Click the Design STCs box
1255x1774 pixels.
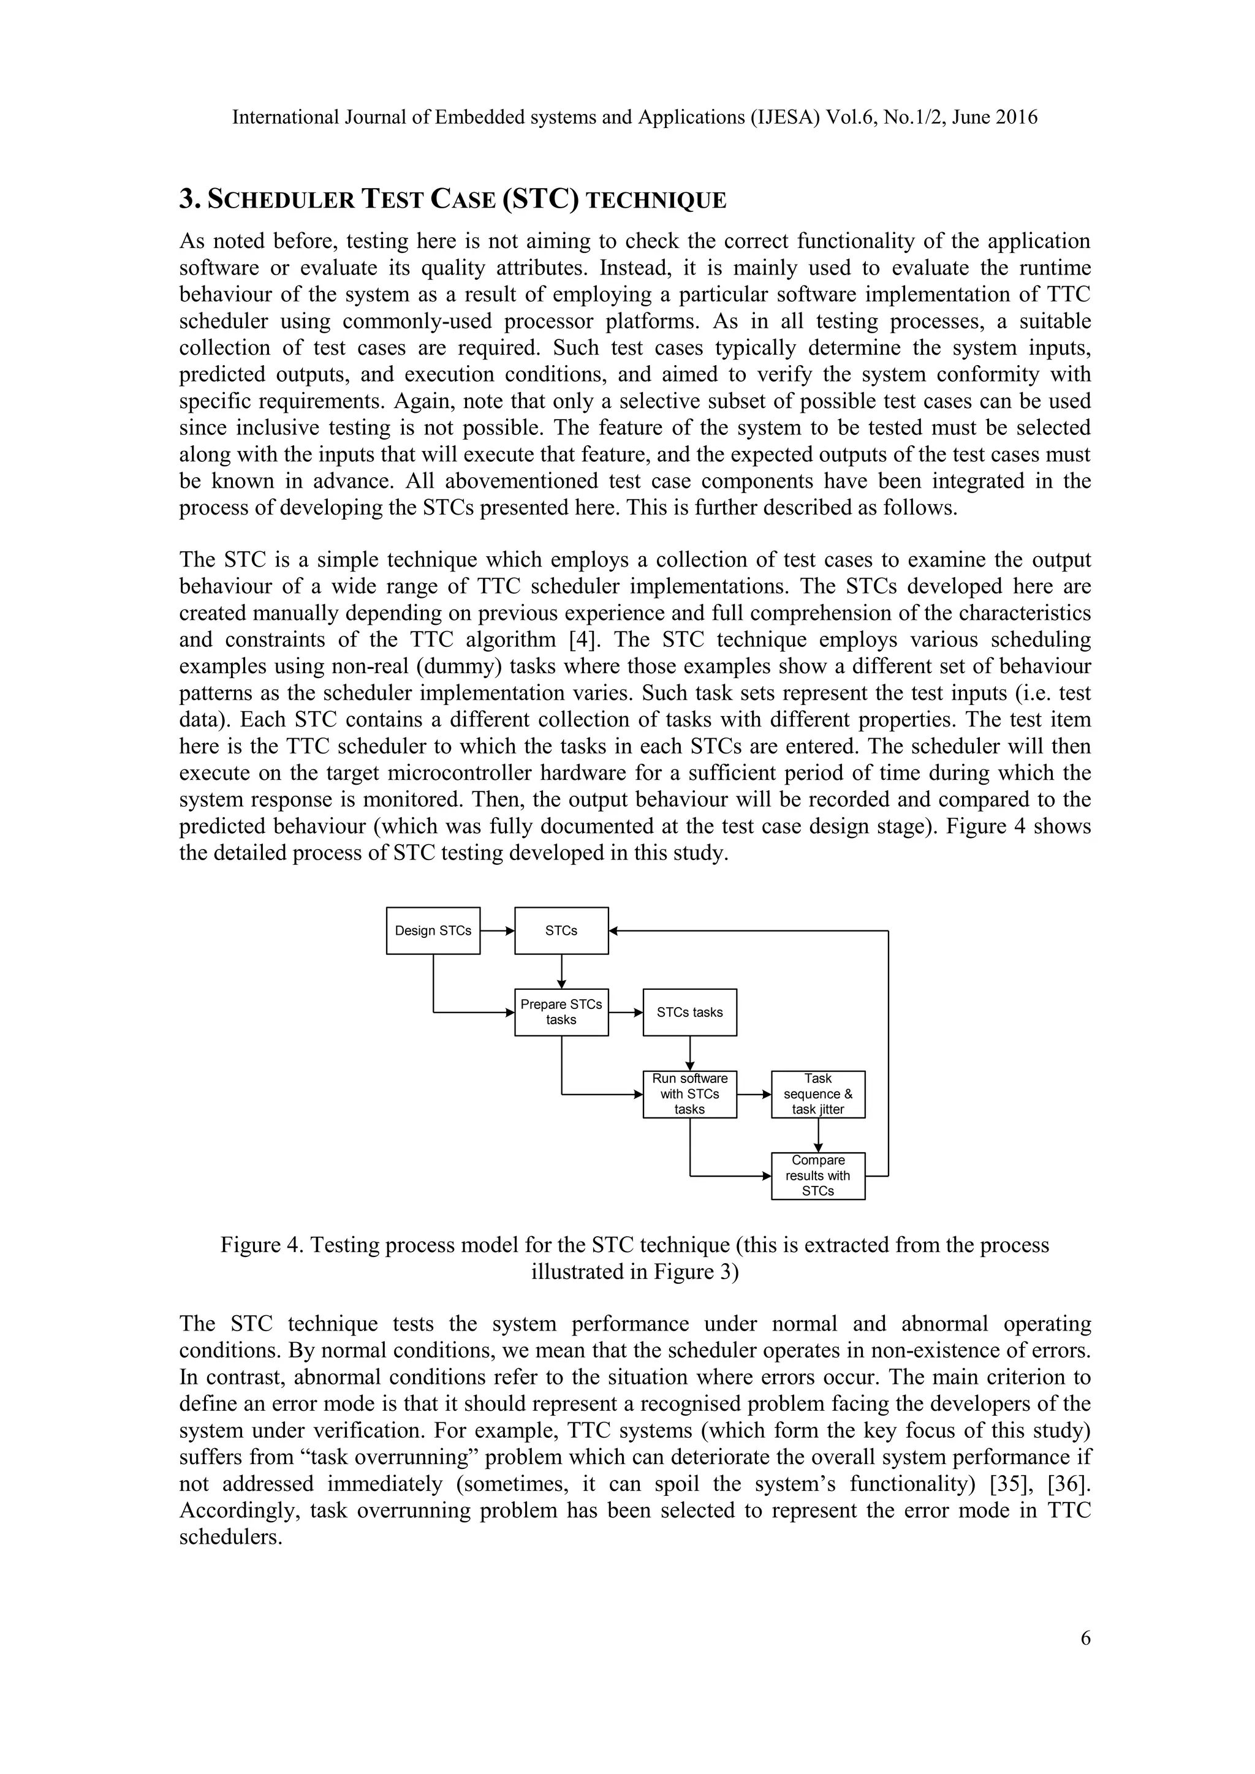[433, 930]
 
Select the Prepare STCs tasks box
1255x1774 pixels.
[561, 1011]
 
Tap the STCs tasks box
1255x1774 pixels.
[689, 1011]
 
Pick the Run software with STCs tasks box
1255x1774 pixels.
[689, 1093]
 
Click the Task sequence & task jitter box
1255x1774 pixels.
[817, 1093]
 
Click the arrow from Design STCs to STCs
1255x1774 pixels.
[497, 930]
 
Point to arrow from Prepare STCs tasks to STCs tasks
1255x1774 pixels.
[625, 1011]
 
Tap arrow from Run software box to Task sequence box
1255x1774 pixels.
[754, 1093]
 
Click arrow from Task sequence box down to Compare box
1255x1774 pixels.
[817, 1134]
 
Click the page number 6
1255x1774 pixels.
[1085, 1638]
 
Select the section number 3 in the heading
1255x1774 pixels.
[186, 199]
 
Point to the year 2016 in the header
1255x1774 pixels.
[1015, 118]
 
